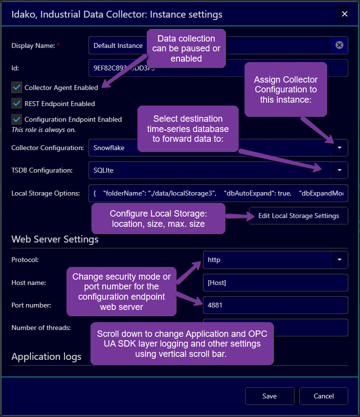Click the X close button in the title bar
[344, 14]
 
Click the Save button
[270, 396]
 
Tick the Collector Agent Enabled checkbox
[17, 88]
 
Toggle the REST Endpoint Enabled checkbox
[17, 103]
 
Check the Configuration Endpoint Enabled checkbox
[17, 119]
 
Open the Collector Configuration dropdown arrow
[339, 147]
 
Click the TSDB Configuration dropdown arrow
[339, 170]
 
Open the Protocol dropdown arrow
[339, 260]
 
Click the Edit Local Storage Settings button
[298, 216]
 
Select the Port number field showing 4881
[275, 305]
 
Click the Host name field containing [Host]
[275, 283]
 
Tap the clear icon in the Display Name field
[339, 45]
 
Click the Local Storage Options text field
[218, 193]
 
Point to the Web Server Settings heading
[55, 240]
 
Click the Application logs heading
[46, 356]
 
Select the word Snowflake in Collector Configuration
[109, 147]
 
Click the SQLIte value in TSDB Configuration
[104, 170]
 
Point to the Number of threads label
[41, 328]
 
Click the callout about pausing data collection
[186, 48]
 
